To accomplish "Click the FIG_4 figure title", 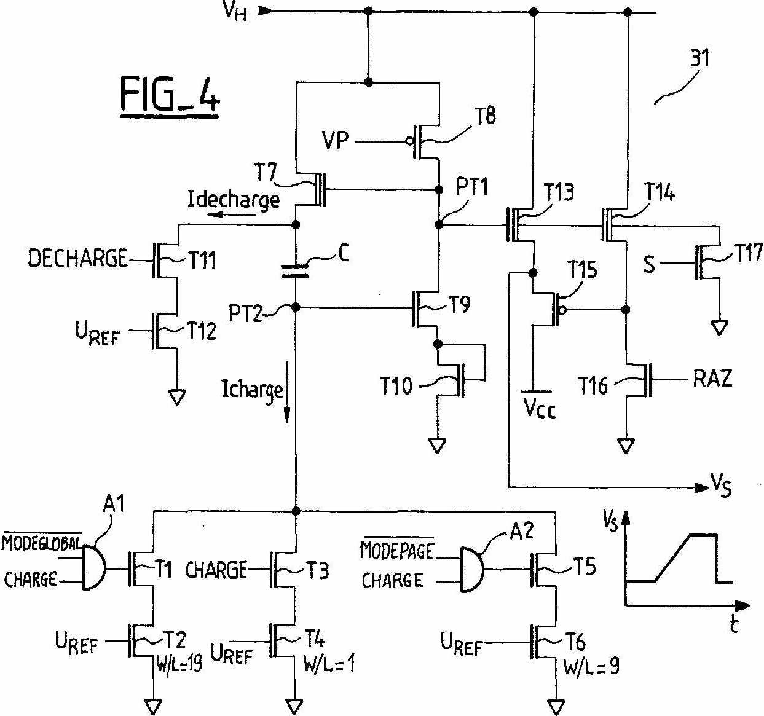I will pos(169,96).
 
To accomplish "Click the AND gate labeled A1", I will pos(93,567).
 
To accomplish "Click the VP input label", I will pos(335,141).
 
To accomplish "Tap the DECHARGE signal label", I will pos(77,258).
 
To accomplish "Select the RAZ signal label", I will pos(712,378).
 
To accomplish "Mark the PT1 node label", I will pos(471,186).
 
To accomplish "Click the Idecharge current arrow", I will pos(227,214).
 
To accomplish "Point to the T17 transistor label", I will pos(748,253).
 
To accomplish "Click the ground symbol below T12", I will pos(177,398).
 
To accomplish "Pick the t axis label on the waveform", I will pos(734,625).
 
